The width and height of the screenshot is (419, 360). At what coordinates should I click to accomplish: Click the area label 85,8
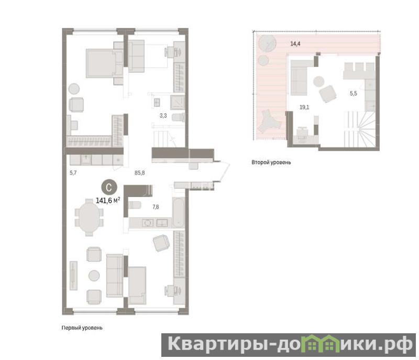139,173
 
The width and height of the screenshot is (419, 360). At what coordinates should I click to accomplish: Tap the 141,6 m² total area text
108,200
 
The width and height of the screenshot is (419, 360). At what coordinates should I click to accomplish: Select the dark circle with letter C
109,188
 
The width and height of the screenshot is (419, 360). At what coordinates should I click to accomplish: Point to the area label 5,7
73,173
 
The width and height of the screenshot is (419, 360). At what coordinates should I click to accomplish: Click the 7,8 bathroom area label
156,207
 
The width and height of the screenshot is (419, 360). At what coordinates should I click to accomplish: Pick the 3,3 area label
163,116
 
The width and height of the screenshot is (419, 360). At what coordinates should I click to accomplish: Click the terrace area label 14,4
295,44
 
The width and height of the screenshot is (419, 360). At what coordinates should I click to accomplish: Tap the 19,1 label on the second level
304,107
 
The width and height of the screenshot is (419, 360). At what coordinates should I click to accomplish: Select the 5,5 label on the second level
353,93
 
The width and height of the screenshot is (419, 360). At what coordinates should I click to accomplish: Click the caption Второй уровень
271,162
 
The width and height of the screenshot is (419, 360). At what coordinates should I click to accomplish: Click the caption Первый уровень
82,328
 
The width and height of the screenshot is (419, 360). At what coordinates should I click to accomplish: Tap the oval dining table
90,217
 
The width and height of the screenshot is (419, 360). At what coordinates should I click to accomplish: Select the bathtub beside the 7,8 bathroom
178,212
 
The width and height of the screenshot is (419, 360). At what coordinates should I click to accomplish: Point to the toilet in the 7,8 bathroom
135,205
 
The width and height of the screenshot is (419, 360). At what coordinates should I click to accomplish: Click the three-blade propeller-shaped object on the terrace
269,122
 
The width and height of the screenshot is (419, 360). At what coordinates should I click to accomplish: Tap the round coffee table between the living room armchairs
94,275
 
